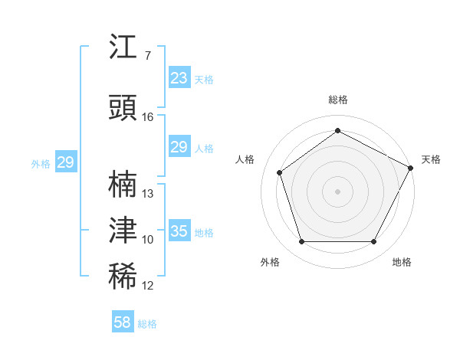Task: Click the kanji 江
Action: pos(123,47)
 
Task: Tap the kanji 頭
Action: pos(123,108)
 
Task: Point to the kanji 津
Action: pos(123,230)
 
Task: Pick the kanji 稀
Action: pos(123,277)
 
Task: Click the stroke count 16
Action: pos(148,117)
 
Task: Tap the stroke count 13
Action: pos(148,194)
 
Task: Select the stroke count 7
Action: pos(148,56)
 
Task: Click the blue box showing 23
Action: pos(179,78)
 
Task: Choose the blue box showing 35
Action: pos(179,231)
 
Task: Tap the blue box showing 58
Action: pos(122,322)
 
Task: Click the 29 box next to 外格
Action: pos(65,162)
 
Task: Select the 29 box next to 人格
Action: pos(179,147)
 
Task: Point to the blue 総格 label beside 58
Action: pos(147,324)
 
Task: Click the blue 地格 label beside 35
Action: pos(204,233)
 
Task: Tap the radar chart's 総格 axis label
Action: pos(338,100)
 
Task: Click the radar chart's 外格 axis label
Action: pos(270,262)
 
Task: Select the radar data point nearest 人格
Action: pos(280,172)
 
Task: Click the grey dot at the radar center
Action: pos(338,191)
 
